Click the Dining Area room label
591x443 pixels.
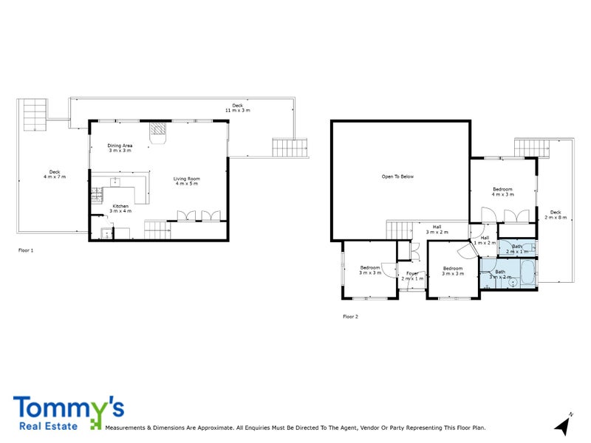point(120,148)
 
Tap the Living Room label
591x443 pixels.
point(187,181)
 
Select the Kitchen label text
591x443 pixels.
point(120,208)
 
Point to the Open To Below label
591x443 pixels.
point(397,176)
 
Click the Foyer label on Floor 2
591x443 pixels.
point(412,275)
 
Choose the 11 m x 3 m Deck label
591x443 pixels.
point(237,108)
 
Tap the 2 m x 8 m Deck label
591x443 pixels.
point(556,215)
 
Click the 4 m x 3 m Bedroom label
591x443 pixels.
point(503,192)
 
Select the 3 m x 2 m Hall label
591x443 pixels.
point(437,230)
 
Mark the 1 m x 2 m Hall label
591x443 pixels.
point(485,240)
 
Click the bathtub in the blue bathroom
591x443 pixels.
point(525,278)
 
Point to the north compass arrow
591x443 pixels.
point(563,425)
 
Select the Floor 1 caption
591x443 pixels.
point(26,251)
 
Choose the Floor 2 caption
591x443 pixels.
point(350,317)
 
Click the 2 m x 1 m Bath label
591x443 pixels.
point(517,249)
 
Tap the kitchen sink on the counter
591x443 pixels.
point(116,182)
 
